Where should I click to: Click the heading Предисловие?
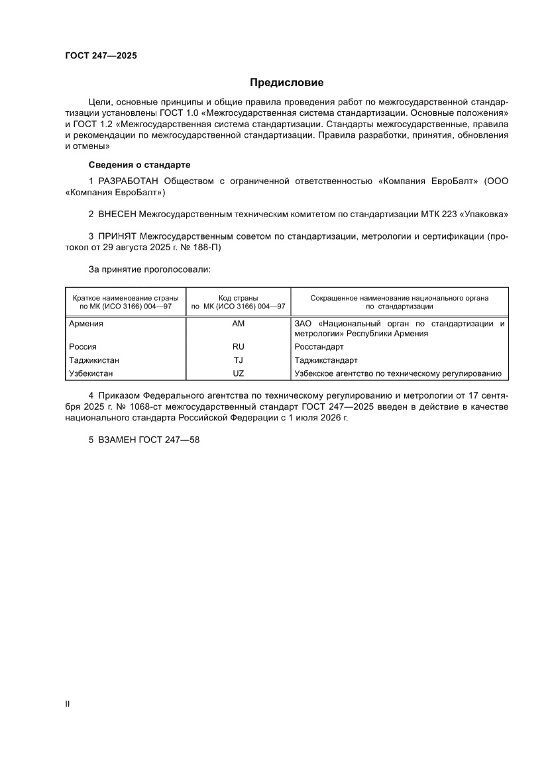pos(286,83)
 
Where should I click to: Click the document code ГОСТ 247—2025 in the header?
pos(101,56)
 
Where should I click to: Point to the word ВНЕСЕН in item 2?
pos(117,215)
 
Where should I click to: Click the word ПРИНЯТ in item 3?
pos(118,236)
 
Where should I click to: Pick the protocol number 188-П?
pos(209,248)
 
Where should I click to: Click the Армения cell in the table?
pos(86,324)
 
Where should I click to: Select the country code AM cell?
pos(239,324)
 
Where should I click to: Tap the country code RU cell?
pos(239,347)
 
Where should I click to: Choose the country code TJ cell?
pos(239,360)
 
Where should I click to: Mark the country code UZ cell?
pos(239,373)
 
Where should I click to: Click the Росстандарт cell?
pos(319,347)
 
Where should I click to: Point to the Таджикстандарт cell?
pos(325,360)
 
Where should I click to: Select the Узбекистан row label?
pos(91,373)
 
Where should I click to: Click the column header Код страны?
pos(238,298)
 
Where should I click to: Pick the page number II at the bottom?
pos(67,704)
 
